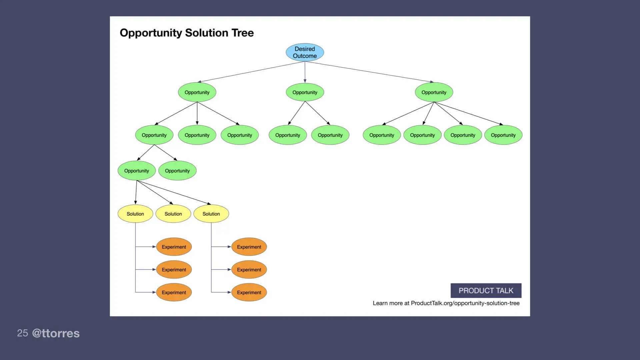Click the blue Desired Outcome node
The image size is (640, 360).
pyautogui.click(x=305, y=52)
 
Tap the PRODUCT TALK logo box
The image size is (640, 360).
pyautogui.click(x=486, y=291)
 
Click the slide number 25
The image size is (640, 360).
pyautogui.click(x=22, y=333)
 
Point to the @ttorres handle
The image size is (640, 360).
pyautogui.click(x=56, y=333)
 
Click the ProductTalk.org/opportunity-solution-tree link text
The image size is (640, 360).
pyautogui.click(x=465, y=303)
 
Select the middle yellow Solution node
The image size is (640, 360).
pyautogui.click(x=173, y=214)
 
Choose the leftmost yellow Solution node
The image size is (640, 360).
pyautogui.click(x=135, y=214)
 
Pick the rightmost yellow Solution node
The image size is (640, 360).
pyautogui.click(x=211, y=214)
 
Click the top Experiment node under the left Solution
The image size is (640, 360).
pyautogui.click(x=174, y=247)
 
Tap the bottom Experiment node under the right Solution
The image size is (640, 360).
pyautogui.click(x=249, y=292)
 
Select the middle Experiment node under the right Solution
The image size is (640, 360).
pyautogui.click(x=249, y=270)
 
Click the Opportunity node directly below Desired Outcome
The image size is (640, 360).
pyautogui.click(x=305, y=92)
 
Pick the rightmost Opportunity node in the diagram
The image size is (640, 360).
pyautogui.click(x=503, y=135)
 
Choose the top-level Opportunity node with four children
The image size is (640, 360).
pyautogui.click(x=434, y=92)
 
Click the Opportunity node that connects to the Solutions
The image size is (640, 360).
pyautogui.click(x=137, y=171)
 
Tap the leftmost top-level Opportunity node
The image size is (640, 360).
pyautogui.click(x=197, y=92)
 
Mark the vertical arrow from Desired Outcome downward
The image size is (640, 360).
pyautogui.click(x=305, y=72)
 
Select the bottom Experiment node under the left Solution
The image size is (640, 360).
pyautogui.click(x=174, y=292)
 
